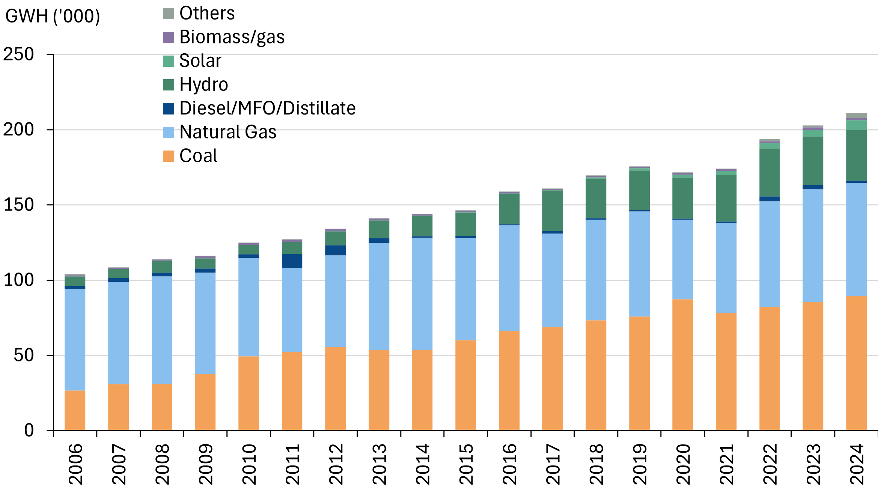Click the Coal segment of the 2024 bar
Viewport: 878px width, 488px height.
[x=856, y=363]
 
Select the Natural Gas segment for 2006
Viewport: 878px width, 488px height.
[x=75, y=339]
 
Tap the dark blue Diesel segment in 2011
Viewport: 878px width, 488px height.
[x=292, y=261]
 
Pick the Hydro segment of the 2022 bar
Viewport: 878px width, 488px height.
[x=770, y=173]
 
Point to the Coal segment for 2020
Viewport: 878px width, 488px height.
[x=682, y=364]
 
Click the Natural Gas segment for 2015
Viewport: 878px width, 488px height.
[x=465, y=289]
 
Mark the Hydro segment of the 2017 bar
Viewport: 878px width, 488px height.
[x=552, y=211]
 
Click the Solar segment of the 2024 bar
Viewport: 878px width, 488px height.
[x=856, y=125]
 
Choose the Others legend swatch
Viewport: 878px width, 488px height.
[x=169, y=14]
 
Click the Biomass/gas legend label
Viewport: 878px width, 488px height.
[x=232, y=37]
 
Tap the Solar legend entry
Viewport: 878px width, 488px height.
[x=200, y=61]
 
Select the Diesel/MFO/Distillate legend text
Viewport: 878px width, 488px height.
[x=267, y=108]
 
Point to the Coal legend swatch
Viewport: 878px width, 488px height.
[x=169, y=156]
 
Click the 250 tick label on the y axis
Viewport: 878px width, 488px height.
[x=19, y=54]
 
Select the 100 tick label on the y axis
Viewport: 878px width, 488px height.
[x=19, y=280]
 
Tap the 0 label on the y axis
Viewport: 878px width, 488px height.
[x=29, y=430]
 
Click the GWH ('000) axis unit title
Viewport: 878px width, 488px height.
[x=53, y=16]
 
